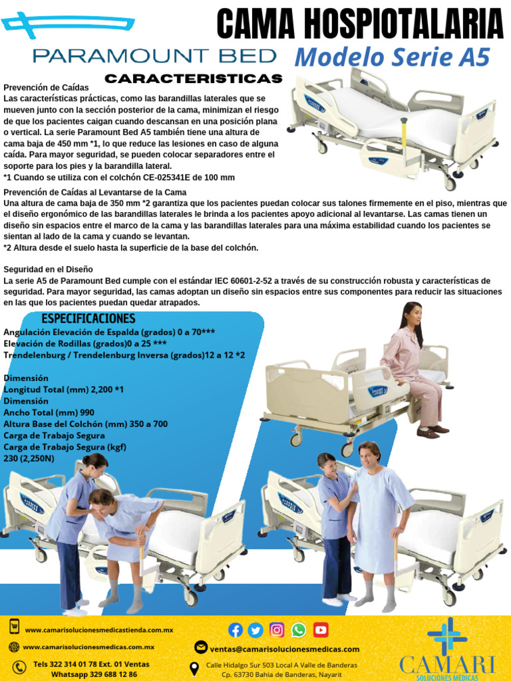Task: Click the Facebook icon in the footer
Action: [236, 630]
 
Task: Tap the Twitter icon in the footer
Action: [256, 630]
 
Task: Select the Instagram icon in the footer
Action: [277, 630]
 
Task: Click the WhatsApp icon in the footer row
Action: [299, 630]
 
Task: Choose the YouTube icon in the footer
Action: [321, 630]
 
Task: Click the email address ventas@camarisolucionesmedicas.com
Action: [285, 649]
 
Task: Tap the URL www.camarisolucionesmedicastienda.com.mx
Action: [99, 630]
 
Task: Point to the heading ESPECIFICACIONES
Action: [88, 319]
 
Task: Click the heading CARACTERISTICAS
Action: [193, 79]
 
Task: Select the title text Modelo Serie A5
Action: [392, 58]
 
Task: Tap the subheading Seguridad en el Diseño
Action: [49, 269]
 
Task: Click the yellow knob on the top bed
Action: [403, 120]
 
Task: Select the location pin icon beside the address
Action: [194, 669]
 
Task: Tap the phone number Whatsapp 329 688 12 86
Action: [94, 674]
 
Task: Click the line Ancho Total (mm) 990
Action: [49, 412]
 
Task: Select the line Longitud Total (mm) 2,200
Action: [64, 389]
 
